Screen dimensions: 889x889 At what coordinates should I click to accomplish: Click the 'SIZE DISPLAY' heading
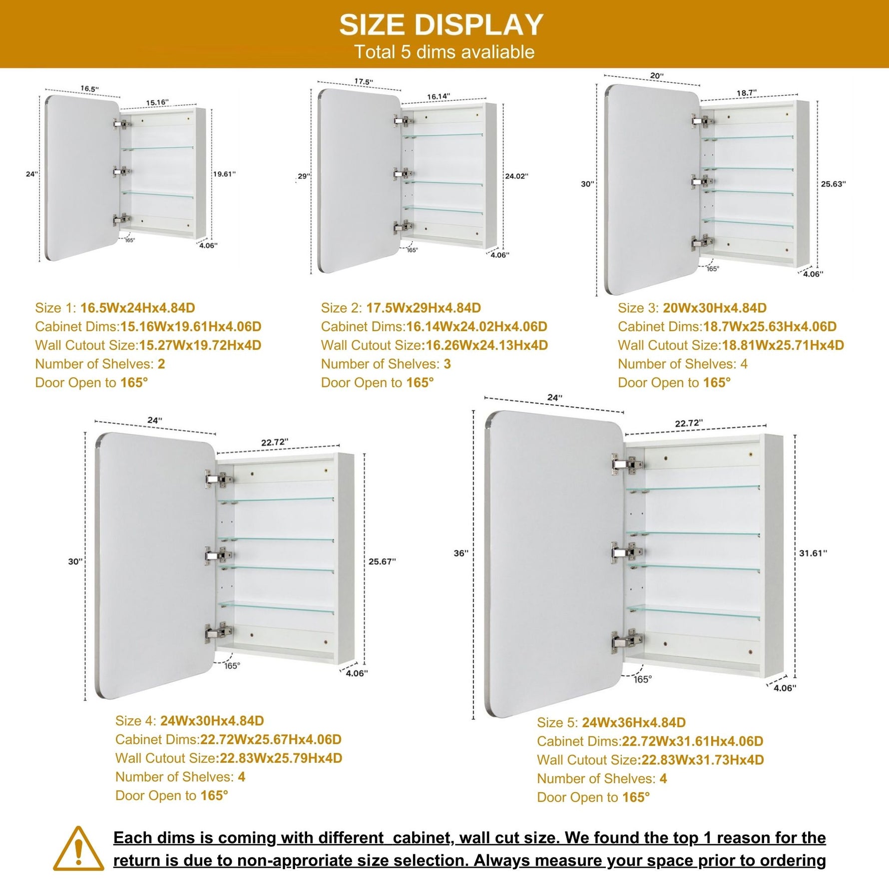click(x=441, y=24)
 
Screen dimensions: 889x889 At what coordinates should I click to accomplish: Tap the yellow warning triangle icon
click(x=78, y=849)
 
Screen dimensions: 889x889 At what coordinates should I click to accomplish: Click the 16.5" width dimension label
click(x=90, y=89)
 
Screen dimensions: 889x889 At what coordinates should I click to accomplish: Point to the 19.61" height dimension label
click(x=224, y=174)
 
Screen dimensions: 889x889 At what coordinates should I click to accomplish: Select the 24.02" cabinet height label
click(x=516, y=176)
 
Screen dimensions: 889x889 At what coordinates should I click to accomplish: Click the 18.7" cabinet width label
click(x=747, y=93)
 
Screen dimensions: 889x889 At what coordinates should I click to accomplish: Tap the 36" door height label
click(x=461, y=553)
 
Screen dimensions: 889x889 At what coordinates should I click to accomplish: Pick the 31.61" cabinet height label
click(x=813, y=553)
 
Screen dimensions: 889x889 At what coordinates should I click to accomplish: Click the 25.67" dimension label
click(x=382, y=561)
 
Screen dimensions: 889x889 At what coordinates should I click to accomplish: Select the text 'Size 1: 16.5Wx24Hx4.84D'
click(x=115, y=308)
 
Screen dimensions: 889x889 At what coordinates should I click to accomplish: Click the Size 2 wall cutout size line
click(x=435, y=345)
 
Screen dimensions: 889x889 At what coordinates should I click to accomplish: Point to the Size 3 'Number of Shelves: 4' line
click(x=683, y=364)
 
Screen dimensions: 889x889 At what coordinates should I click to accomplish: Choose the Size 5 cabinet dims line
click(x=650, y=741)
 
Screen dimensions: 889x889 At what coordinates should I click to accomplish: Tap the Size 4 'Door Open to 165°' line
click(x=172, y=796)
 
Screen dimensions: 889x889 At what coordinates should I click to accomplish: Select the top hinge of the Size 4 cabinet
click(x=219, y=479)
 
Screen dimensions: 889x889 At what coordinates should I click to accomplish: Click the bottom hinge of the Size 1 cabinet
click(x=121, y=220)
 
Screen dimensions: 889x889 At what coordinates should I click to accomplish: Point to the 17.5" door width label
click(x=364, y=82)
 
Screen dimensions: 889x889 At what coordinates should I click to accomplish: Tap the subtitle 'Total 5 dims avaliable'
click(x=444, y=52)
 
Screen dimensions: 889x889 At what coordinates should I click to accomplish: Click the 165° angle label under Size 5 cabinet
click(x=642, y=679)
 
